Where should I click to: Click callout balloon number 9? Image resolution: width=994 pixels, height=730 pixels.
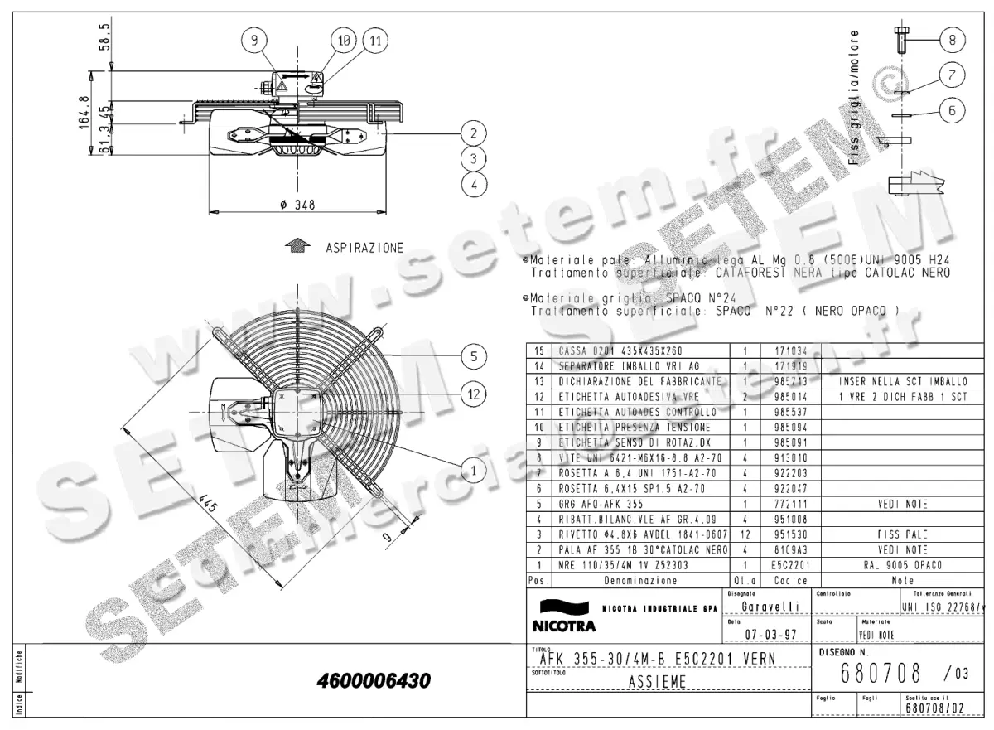click(255, 39)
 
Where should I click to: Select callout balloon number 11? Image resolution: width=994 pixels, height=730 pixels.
click(374, 39)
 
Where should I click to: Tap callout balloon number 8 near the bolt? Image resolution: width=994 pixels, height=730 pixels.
click(952, 38)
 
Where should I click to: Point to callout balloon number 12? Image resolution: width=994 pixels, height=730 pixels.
click(473, 395)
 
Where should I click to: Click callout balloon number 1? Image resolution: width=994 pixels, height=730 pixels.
click(473, 471)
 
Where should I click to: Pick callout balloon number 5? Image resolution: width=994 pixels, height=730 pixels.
click(473, 357)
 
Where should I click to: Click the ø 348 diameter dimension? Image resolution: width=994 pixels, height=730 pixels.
click(299, 205)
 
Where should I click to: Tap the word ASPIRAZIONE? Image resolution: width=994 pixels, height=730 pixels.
click(364, 248)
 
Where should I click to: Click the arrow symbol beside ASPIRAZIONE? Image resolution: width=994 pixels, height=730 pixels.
click(297, 246)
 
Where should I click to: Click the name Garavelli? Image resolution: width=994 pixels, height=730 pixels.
click(770, 607)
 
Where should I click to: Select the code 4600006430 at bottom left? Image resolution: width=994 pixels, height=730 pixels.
click(374, 682)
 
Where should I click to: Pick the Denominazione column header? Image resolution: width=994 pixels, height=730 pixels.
click(635, 581)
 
